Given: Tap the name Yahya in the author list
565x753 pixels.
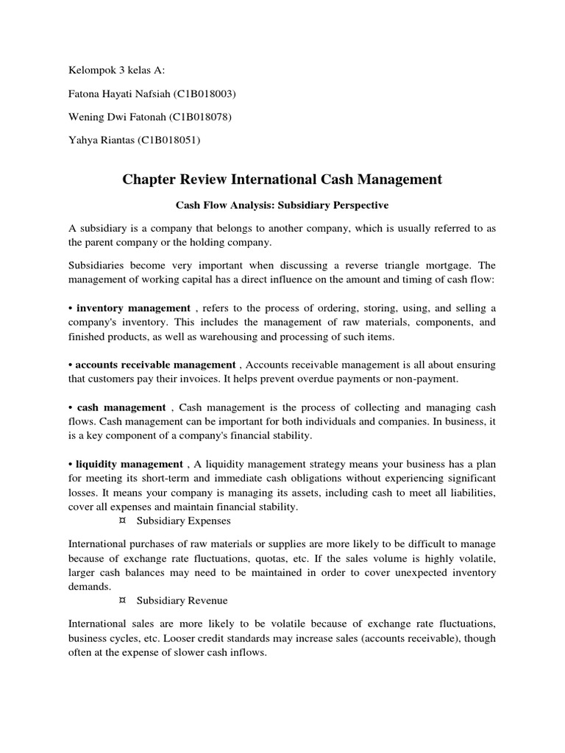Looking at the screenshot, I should tap(82, 140).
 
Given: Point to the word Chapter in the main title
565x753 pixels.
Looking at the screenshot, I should tap(151, 179).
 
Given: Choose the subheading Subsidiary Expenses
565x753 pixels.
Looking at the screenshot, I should tap(184, 521).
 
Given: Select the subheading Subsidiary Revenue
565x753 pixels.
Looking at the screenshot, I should tap(182, 601).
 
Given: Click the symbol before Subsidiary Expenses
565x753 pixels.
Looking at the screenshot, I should tap(121, 521).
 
